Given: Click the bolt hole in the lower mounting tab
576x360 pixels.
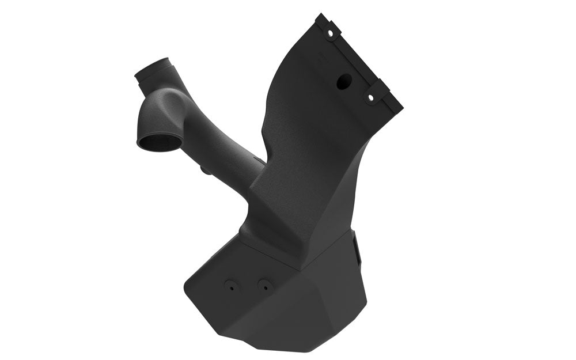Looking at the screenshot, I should pyautogui.click(x=370, y=98).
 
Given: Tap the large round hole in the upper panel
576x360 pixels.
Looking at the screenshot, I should pyautogui.click(x=344, y=82).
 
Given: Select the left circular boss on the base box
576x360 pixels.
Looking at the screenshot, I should pyautogui.click(x=231, y=286).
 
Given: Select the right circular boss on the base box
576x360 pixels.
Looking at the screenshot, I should pyautogui.click(x=264, y=285).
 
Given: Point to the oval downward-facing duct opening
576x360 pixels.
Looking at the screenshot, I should pyautogui.click(x=158, y=141).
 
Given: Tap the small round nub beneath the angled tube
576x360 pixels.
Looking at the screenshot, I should pyautogui.click(x=203, y=170).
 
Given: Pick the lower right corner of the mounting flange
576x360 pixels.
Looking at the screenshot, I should pyautogui.click(x=401, y=108).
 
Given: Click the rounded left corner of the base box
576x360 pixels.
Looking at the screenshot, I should pyautogui.click(x=187, y=285).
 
